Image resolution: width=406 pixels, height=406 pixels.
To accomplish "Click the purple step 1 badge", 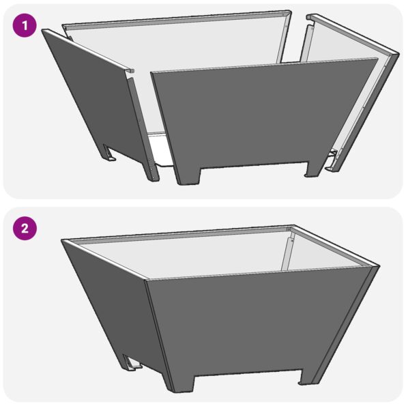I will coord(25,27).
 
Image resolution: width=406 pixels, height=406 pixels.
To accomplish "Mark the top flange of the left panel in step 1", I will coord(89,48).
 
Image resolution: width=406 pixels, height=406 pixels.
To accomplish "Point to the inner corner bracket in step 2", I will coord(291,249).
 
